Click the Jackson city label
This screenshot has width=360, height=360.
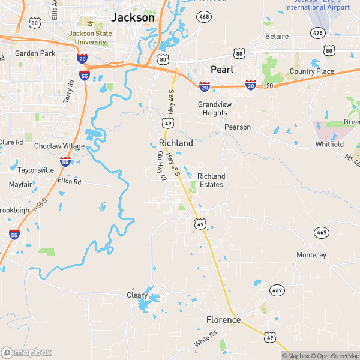click(x=134, y=17)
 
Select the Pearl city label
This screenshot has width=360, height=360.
click(x=221, y=70)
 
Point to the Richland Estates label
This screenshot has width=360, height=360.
click(x=211, y=180)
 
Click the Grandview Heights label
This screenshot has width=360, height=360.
click(x=213, y=109)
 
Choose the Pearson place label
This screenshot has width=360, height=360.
click(x=238, y=127)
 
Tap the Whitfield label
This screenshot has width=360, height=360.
click(x=330, y=145)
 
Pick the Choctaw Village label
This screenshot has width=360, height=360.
click(x=59, y=146)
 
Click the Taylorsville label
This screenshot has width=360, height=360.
click(x=36, y=170)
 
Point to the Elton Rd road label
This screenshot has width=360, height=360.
click(x=69, y=181)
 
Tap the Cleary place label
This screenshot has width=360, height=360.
click(x=137, y=295)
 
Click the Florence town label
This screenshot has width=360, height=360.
click(x=224, y=320)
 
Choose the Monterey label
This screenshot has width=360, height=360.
click(x=311, y=256)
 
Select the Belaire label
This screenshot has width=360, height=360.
click(x=277, y=37)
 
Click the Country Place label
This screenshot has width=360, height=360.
click(x=311, y=72)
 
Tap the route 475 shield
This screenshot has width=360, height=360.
click(x=317, y=32)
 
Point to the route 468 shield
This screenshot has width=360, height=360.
click(x=205, y=16)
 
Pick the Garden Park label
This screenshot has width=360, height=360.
click(x=35, y=53)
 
